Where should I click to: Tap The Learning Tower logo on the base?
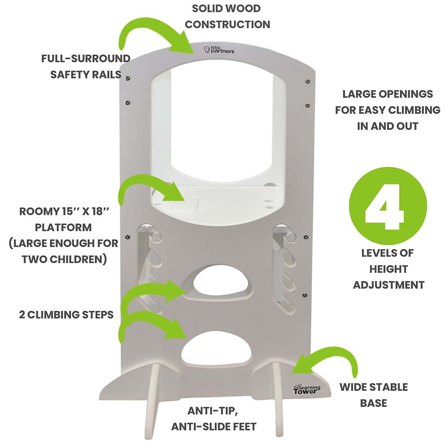pyautogui.click(x=306, y=389)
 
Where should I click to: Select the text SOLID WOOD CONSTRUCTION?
pyautogui.click(x=227, y=16)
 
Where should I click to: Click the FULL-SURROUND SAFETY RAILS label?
pyautogui.click(x=86, y=66)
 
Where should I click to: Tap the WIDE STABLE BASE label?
pyautogui.click(x=373, y=395)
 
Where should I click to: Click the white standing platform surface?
pyautogui.click(x=222, y=201)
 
